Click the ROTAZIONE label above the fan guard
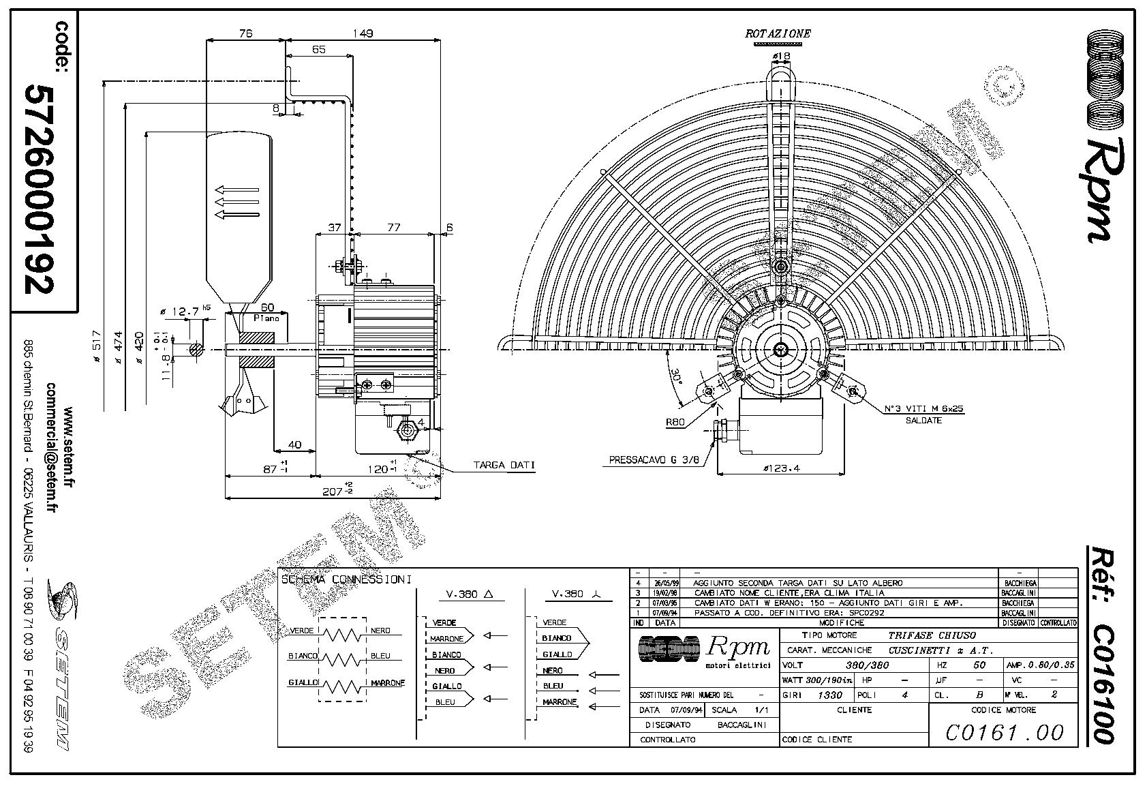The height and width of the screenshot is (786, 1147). tap(778, 33)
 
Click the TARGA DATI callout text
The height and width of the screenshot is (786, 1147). tap(504, 466)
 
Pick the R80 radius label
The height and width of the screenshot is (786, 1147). tap(675, 423)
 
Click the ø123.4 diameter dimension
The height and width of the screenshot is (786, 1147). tap(781, 468)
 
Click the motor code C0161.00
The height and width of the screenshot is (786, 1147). tap(1004, 732)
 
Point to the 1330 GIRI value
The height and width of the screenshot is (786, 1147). tap(831, 695)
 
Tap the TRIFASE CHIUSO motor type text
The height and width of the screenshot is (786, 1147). tap(932, 635)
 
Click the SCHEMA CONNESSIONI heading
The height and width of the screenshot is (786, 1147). tap(346, 579)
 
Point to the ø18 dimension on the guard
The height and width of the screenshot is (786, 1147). tap(781, 56)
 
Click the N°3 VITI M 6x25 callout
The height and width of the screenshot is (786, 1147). tap(923, 409)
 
